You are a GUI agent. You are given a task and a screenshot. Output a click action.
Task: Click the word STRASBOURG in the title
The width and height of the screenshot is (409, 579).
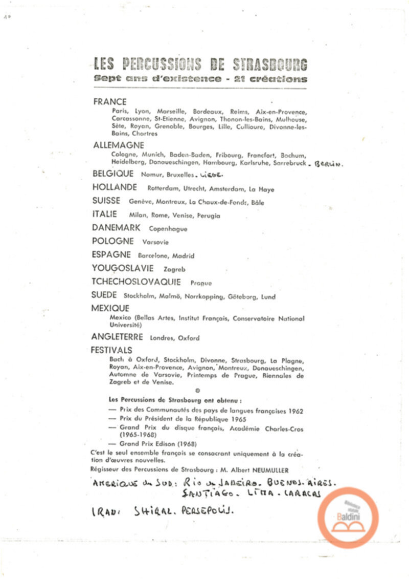tap(270, 65)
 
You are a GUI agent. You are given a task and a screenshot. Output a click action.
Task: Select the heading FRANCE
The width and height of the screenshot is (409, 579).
tap(109, 102)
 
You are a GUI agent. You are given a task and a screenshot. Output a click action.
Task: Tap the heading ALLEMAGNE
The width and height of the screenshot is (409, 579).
tap(119, 145)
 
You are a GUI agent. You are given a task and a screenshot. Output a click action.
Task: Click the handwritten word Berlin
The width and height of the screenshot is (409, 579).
tap(329, 165)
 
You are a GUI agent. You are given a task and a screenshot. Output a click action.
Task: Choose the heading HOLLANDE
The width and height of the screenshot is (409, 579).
tap(115, 187)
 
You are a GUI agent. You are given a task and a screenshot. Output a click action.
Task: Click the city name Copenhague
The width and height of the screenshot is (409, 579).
tap(168, 229)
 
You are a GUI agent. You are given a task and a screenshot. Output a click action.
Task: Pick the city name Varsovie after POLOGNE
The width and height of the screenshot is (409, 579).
tap(155, 242)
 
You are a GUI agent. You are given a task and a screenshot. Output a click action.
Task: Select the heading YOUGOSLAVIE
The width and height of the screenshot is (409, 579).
tap(123, 268)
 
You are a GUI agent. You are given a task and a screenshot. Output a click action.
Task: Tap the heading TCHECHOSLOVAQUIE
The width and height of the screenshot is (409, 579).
tap(136, 282)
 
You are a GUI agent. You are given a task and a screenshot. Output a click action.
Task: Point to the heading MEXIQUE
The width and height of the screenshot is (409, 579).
tap(110, 308)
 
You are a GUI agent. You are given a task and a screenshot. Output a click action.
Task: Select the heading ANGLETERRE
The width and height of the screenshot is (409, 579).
tap(117, 337)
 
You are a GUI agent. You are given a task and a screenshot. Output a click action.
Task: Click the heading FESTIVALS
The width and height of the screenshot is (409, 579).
tap(111, 350)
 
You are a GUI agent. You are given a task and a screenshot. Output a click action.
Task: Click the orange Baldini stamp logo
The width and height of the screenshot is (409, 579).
tap(348, 518)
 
